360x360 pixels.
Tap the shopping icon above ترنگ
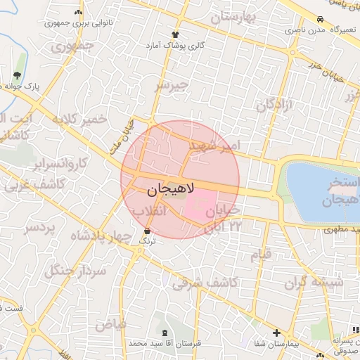[147, 231]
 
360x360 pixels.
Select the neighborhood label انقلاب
[148, 210]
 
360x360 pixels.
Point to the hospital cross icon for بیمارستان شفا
[276, 333]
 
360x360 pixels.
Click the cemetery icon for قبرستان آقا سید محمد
[165, 333]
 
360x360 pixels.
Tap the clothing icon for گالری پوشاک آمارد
[175, 34]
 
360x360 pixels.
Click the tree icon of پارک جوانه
[17, 76]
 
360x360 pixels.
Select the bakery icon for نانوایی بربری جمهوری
[78, 13]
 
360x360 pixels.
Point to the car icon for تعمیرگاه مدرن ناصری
[320, 20]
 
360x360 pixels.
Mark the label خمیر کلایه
[79, 119]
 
